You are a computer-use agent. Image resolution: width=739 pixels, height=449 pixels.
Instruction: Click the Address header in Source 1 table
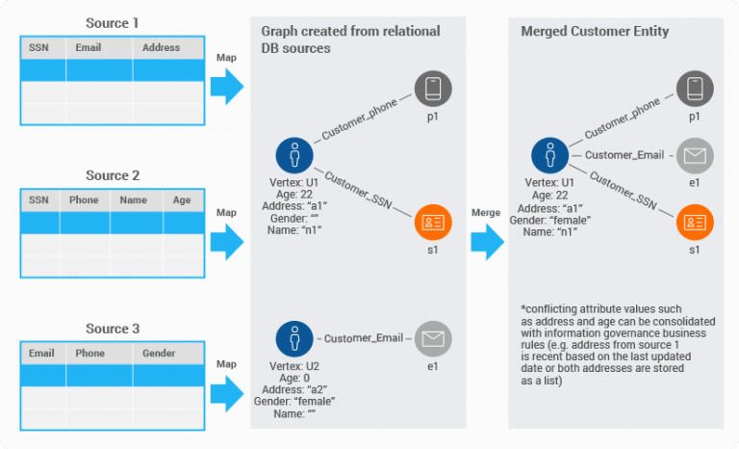160,47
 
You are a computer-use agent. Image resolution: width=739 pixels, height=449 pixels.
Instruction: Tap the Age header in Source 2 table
182,200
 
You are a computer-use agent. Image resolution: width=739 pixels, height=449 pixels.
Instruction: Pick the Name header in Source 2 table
135,200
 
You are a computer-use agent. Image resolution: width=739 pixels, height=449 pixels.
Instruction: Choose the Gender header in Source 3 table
159,354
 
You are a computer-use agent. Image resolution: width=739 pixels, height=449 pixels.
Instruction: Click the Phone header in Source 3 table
90,354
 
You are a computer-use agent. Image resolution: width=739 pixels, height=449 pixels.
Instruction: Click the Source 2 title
113,175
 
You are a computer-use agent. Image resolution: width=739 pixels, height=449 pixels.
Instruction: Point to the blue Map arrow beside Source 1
227,87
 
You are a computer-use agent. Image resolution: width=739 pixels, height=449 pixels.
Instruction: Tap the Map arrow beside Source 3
227,390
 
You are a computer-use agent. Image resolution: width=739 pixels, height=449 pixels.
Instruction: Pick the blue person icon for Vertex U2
293,338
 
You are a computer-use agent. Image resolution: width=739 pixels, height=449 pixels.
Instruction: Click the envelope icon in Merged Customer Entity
693,155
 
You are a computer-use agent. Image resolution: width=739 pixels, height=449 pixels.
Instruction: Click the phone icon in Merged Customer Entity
693,90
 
